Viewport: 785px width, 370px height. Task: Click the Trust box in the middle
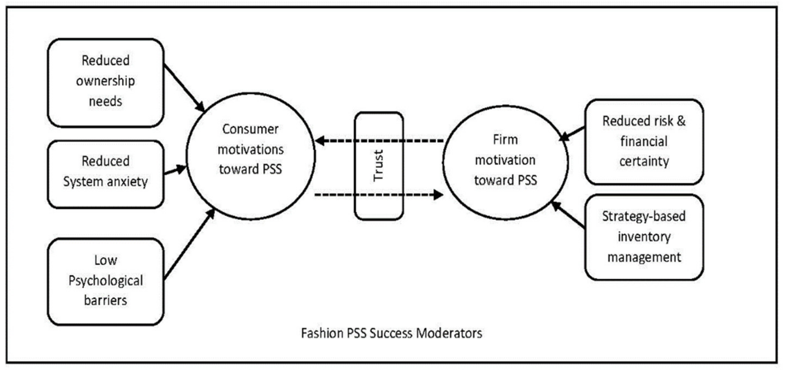tap(379, 166)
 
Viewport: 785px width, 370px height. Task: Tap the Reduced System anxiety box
tap(105, 174)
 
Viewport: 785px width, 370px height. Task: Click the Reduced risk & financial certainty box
tap(644, 142)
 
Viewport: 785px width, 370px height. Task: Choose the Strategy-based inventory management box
tap(644, 237)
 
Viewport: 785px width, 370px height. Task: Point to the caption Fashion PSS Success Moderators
tap(391, 333)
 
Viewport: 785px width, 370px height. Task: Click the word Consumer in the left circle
tap(250, 129)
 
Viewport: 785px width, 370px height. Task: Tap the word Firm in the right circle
tap(505, 140)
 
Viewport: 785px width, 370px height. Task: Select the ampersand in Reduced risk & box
tap(681, 121)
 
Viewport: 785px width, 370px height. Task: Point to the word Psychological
tap(105, 281)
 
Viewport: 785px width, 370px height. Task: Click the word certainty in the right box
tap(644, 161)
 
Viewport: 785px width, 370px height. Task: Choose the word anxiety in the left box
tap(127, 182)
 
